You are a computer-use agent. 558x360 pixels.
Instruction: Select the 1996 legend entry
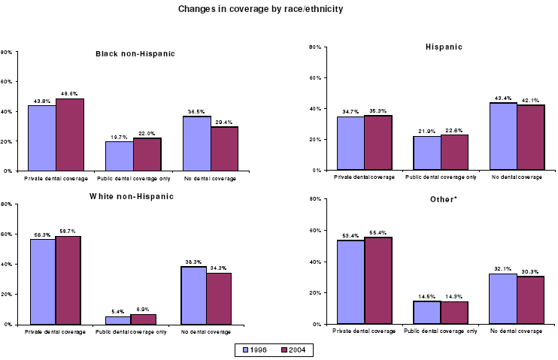point(253,349)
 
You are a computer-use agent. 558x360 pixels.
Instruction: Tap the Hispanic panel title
point(443,47)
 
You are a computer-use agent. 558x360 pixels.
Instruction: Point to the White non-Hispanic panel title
point(131,196)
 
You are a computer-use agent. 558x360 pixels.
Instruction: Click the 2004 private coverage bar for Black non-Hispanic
point(70,135)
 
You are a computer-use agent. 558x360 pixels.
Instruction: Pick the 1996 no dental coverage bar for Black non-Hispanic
point(196,144)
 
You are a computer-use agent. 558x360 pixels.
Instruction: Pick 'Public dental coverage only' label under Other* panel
point(441,330)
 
